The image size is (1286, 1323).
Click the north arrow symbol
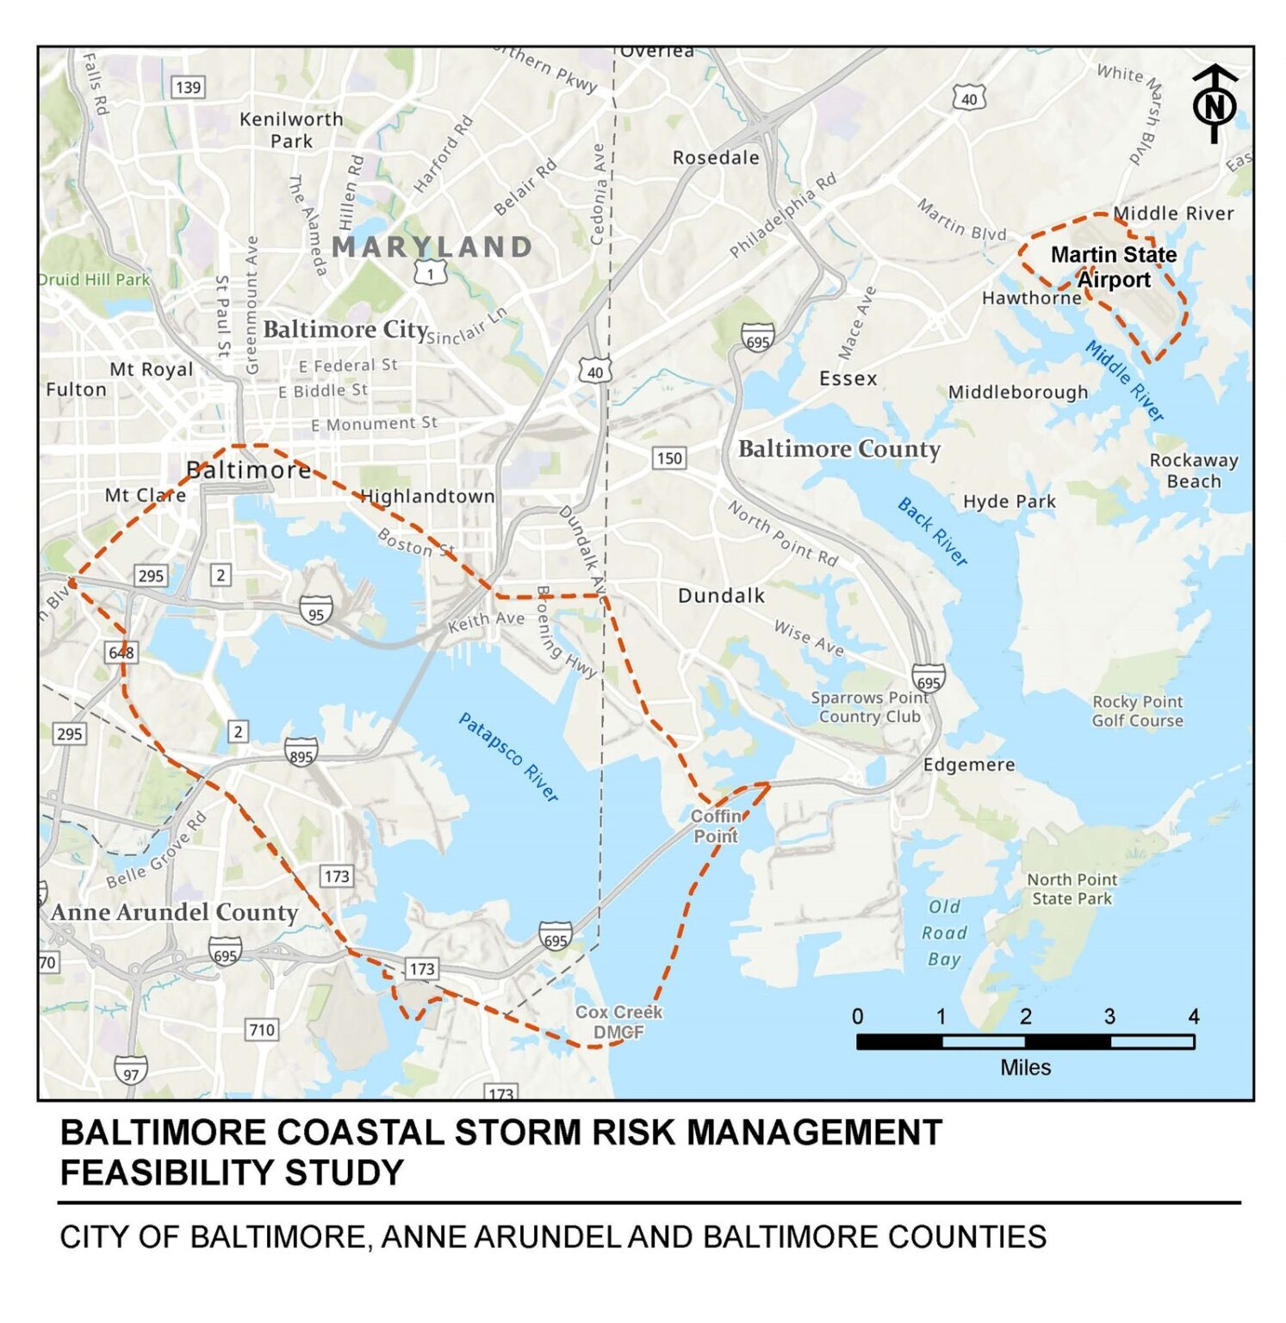1215,103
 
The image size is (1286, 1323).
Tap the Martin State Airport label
1114,267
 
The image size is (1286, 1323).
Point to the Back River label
933,531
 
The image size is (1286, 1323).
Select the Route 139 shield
188,87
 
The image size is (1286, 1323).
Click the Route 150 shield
669,457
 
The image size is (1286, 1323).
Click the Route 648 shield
121,652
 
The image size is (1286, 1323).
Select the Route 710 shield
262,1029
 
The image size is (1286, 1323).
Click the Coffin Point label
716,826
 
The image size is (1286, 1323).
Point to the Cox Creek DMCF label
618,1022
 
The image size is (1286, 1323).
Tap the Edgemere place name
969,765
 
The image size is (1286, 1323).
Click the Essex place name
848,379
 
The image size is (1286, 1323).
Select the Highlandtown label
427,496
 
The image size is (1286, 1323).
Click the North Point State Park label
1072,889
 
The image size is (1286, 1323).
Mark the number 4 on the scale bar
1193,1016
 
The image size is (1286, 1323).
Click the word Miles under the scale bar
1025,1068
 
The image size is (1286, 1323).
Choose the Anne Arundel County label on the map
174,912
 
